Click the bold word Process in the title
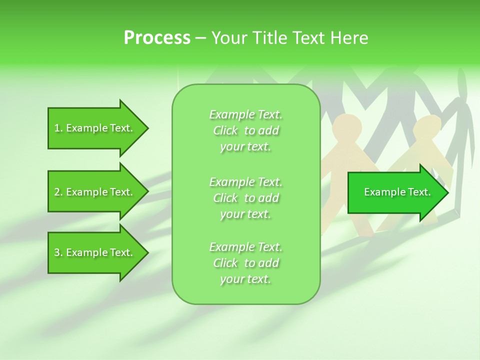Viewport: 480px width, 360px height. tap(157, 38)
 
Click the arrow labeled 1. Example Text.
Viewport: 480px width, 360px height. tap(93, 128)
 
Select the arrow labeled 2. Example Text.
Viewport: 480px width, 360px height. tap(93, 192)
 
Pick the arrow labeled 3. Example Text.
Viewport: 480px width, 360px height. tap(93, 252)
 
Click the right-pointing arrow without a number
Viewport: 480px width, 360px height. tap(397, 192)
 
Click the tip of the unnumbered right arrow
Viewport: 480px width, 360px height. tap(447, 192)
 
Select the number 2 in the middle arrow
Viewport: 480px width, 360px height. tap(57, 192)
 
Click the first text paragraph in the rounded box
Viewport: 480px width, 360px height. tap(245, 130)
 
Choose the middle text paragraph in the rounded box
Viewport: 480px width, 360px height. tap(245, 198)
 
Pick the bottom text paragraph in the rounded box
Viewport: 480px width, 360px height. tap(245, 263)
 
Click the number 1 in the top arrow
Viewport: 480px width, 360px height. tap(56, 128)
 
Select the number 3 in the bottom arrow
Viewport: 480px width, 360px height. tap(57, 252)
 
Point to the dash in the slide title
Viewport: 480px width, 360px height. tap(200, 38)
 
